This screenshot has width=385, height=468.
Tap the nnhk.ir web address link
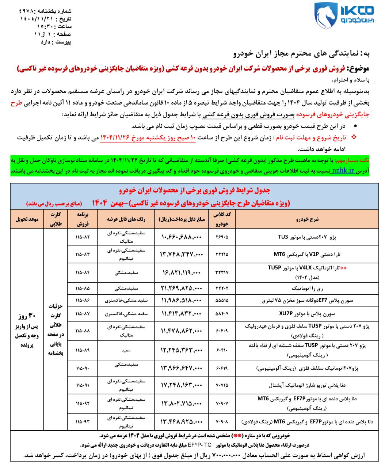342,170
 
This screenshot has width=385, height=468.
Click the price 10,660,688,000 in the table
181,237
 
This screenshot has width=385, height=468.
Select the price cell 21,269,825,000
181,288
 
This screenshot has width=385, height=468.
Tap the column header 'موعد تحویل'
27,219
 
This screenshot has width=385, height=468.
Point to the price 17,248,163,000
181,385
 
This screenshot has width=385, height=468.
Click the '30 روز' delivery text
27,316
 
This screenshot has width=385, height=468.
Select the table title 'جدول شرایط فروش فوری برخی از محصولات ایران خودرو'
195,190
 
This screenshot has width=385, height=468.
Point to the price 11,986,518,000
181,301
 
